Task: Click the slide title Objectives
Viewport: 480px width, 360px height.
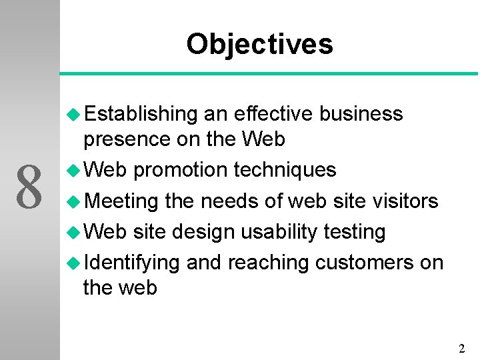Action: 259,44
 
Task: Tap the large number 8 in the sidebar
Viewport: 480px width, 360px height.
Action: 29,189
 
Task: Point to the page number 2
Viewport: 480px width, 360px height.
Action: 461,348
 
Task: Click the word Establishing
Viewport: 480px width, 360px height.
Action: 141,114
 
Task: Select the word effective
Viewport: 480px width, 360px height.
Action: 273,114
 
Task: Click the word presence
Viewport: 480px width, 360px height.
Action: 127,140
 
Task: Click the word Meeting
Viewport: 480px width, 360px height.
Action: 121,201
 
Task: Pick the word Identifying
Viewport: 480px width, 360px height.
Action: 131,263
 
